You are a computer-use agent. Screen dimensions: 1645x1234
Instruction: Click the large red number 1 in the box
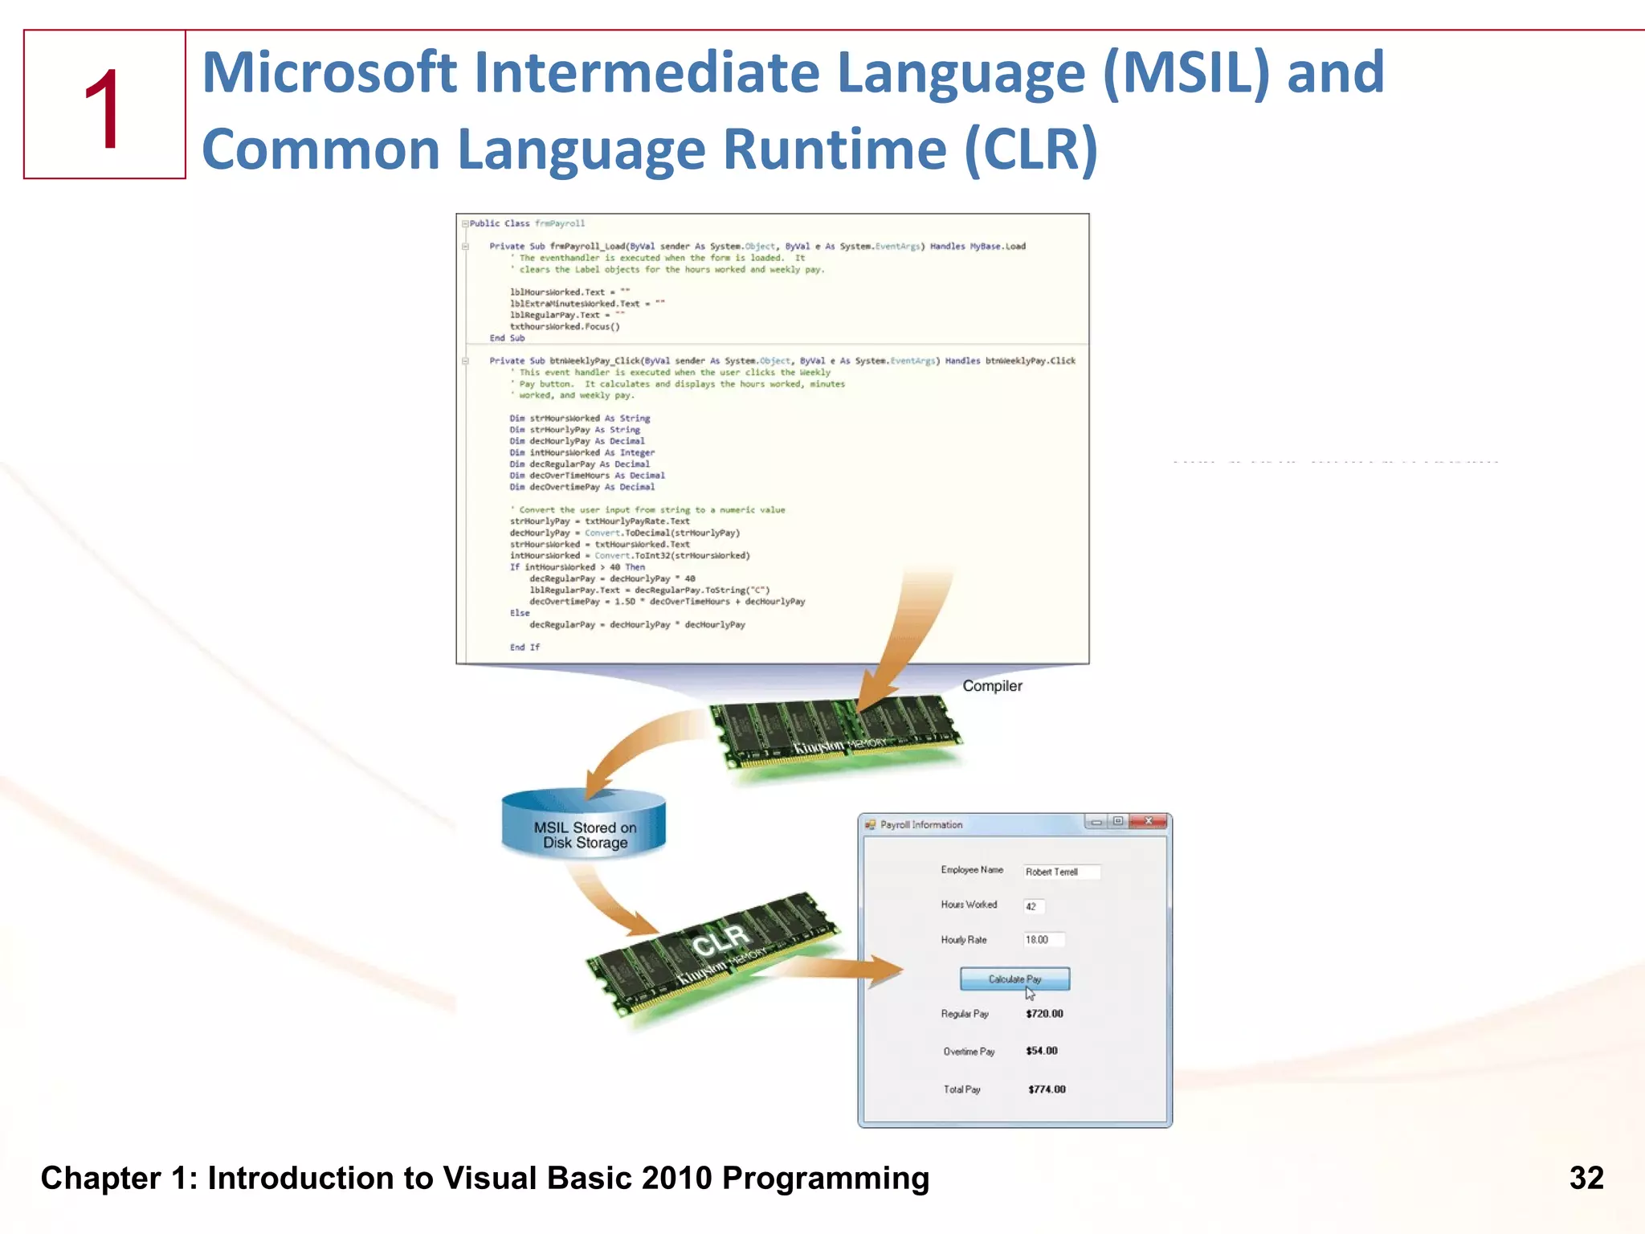tap(104, 109)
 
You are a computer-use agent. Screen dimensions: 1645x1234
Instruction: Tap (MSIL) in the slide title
tap(1186, 73)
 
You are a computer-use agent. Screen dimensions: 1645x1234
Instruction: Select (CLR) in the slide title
tap(1031, 150)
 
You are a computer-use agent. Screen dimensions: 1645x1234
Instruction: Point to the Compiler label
tap(992, 686)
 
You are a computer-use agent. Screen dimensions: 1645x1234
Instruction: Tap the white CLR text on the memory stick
tap(720, 939)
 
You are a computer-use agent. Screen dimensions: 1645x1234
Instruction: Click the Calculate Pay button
tap(1014, 979)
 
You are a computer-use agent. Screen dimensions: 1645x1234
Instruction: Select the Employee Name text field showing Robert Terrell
tap(1061, 872)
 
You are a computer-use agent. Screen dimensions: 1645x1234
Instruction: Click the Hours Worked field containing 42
tap(1034, 906)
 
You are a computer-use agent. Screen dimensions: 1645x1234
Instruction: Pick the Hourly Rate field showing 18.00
tap(1043, 940)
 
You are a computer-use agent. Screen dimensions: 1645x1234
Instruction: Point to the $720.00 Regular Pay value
tap(1044, 1014)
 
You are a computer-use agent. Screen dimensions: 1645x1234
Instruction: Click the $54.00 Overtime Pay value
tap(1042, 1051)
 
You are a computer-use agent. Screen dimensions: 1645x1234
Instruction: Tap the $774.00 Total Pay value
tap(1047, 1089)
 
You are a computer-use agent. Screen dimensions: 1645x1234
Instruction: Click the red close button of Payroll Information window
tap(1149, 821)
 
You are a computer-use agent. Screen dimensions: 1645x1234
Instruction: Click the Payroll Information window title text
tap(920, 825)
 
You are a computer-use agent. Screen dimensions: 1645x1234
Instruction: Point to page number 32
tap(1586, 1179)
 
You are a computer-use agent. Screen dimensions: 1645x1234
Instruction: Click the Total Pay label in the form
tap(961, 1089)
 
